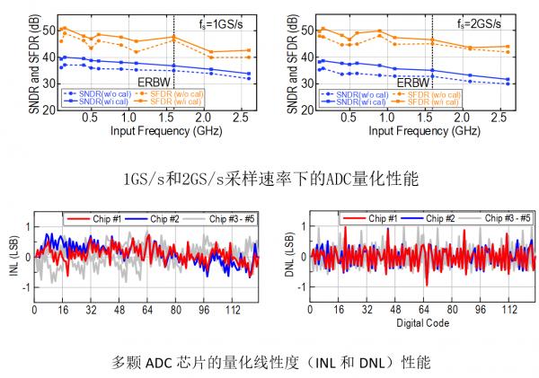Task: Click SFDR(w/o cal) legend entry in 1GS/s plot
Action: (181, 92)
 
